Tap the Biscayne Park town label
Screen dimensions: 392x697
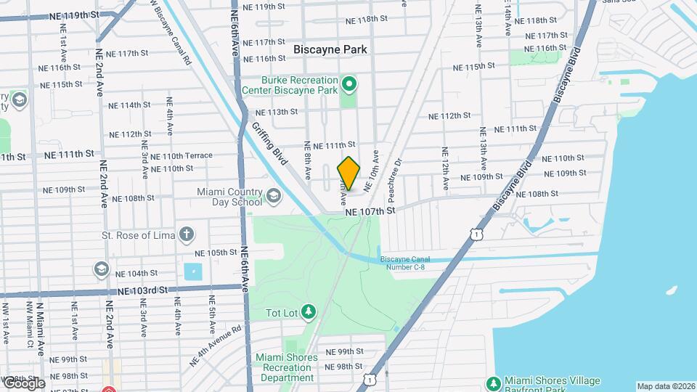pos(330,49)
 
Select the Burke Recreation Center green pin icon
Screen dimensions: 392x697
pos(349,86)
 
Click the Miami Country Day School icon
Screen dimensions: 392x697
pos(274,195)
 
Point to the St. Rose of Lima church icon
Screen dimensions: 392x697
pos(187,234)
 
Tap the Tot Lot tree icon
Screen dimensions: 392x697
pos(309,311)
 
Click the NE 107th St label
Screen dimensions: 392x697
pos(370,211)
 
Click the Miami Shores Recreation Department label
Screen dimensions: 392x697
pos(286,367)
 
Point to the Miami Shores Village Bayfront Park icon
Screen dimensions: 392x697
pos(494,383)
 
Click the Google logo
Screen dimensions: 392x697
pos(23,383)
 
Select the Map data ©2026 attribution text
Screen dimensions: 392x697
pos(666,386)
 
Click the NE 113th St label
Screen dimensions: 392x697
pos(277,112)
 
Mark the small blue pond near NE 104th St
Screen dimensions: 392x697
pos(193,272)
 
